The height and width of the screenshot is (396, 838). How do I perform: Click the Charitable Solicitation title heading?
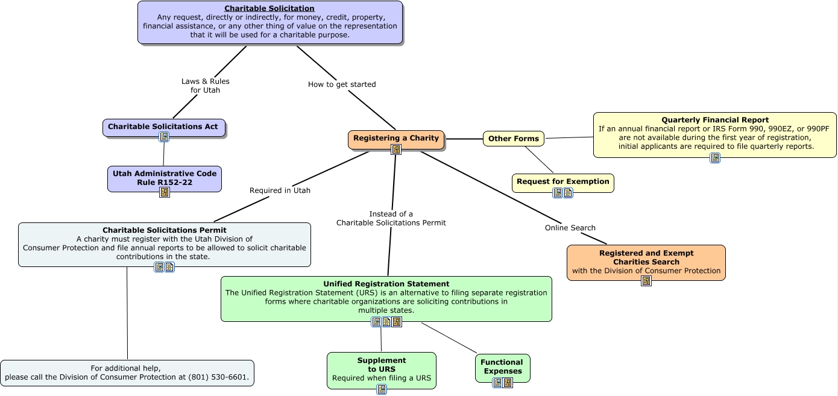pyautogui.click(x=269, y=8)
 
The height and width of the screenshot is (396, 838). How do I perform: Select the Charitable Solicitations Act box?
pyautogui.click(x=163, y=127)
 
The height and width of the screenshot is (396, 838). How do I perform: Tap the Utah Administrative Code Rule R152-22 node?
pyautogui.click(x=165, y=178)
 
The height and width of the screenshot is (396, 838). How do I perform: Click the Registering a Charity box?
pyautogui.click(x=395, y=138)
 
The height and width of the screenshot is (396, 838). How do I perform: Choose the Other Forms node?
pyautogui.click(x=513, y=139)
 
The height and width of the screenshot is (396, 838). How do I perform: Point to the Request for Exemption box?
pyautogui.click(x=562, y=181)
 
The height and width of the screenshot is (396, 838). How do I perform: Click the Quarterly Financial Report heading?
pyautogui.click(x=714, y=120)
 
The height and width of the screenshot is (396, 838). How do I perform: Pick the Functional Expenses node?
pyautogui.click(x=502, y=366)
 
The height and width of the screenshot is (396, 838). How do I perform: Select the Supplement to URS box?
pyautogui.click(x=381, y=365)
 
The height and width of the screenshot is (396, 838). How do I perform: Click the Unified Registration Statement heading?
pyautogui.click(x=386, y=284)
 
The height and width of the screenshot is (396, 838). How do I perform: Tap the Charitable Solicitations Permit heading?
pyautogui.click(x=165, y=230)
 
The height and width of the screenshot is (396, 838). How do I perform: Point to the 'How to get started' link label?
pyautogui.click(x=342, y=84)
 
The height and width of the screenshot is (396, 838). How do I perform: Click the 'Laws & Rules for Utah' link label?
pyautogui.click(x=206, y=86)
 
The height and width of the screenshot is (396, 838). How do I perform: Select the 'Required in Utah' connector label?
pyautogui.click(x=280, y=190)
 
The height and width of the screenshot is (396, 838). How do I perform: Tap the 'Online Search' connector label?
pyautogui.click(x=570, y=228)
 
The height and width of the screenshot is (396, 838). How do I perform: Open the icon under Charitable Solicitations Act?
pyautogui.click(x=164, y=137)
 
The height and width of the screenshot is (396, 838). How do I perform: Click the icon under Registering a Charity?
pyautogui.click(x=395, y=149)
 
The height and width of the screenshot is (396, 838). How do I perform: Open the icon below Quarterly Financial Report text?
pyautogui.click(x=714, y=158)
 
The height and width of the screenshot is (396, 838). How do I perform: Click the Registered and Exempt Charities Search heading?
pyautogui.click(x=646, y=257)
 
